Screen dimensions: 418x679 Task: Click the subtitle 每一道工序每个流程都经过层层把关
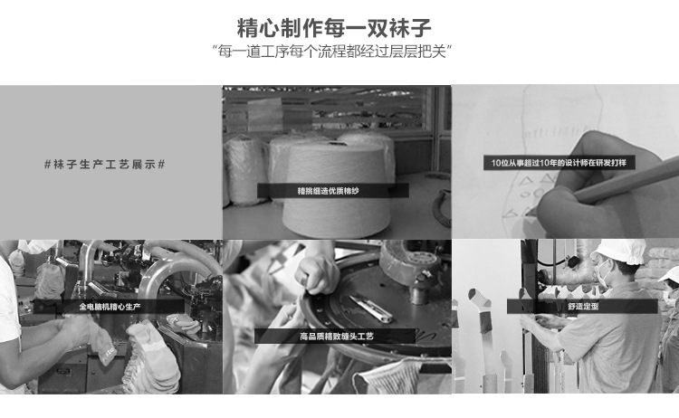coord(339,50)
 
